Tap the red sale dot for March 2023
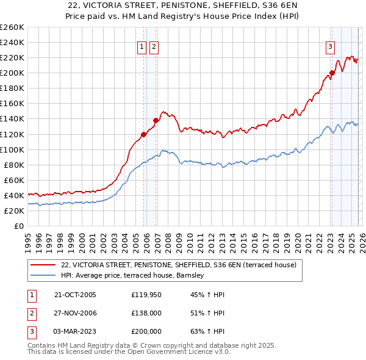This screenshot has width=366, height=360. tap(332, 73)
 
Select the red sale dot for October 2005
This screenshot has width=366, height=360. tap(144, 134)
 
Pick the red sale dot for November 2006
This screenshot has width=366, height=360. tap(156, 120)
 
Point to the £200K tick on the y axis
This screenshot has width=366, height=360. tap(12, 73)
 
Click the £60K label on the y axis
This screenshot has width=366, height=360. tap(14, 180)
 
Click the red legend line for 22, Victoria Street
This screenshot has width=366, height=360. tap(43, 265)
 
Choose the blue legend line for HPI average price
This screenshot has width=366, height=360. tap(43, 276)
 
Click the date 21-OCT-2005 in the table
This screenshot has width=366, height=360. tap(75, 295)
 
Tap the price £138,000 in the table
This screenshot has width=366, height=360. tap(146, 313)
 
